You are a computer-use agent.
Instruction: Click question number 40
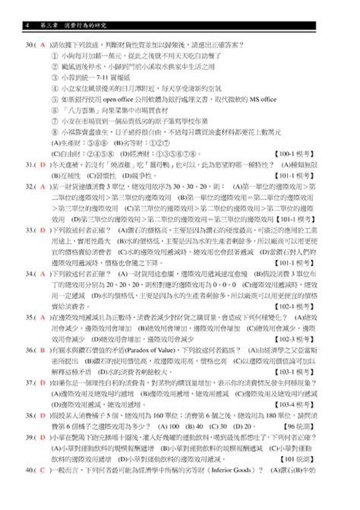click(x=30, y=493)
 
